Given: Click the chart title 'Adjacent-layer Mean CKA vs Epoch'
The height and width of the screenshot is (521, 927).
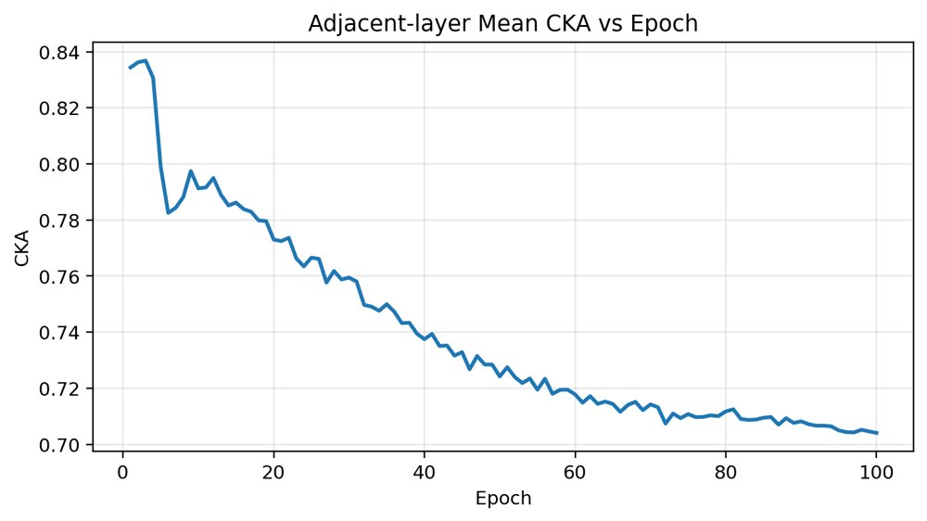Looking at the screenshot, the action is point(503,24).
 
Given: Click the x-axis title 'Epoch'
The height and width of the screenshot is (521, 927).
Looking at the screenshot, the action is point(503,498).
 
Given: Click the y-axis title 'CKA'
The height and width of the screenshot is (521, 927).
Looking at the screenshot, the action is point(22,248).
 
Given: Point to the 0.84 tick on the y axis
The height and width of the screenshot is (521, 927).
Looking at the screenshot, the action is point(58,53).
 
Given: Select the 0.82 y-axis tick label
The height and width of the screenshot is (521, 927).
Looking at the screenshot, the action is point(58,108).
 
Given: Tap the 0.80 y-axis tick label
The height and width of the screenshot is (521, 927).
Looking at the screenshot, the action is point(58,164).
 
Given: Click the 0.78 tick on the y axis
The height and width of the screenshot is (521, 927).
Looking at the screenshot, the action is point(58,221).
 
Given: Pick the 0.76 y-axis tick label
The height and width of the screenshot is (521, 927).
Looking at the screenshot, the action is point(58,276).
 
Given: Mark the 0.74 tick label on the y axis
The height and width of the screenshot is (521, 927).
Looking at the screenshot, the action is point(58,333).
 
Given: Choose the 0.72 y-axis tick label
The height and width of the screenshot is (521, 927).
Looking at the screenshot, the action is point(58,388).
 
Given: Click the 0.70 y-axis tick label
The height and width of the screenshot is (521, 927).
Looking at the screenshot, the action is point(58,445).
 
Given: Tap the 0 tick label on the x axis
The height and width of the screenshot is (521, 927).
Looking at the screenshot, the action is point(122,473).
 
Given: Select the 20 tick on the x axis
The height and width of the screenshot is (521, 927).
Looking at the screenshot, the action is point(273,473).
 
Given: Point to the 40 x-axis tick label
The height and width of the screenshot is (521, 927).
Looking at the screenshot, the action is point(424,473).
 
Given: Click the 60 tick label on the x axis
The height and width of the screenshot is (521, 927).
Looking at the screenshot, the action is point(575,473).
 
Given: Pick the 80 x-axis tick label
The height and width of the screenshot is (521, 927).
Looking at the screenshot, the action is point(726,473).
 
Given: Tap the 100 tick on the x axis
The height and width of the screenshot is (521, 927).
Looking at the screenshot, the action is point(876,473).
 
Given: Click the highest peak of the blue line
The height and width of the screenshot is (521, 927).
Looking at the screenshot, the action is point(146,60).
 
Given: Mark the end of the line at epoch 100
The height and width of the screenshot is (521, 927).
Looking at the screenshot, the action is point(877,433).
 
